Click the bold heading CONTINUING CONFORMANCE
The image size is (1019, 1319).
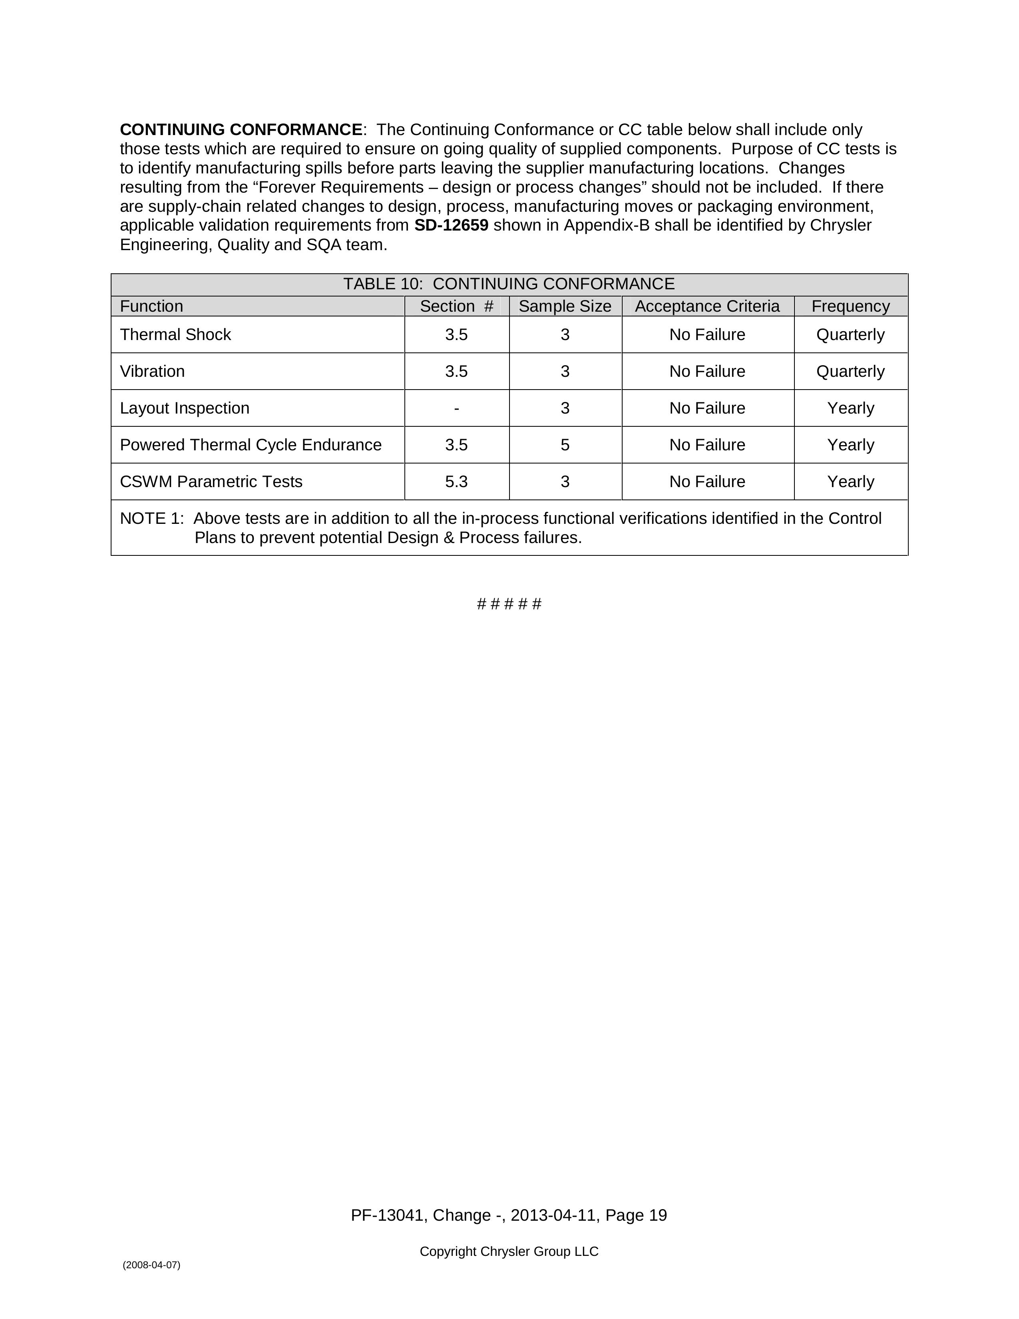(241, 130)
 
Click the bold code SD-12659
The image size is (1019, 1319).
(451, 225)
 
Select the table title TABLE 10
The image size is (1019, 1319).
(509, 284)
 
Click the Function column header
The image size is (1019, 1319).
(151, 306)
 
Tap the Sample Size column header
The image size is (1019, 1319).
(565, 306)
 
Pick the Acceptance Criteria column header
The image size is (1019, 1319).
(707, 306)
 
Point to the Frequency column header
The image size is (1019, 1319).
(850, 306)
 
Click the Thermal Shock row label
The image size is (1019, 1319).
(175, 334)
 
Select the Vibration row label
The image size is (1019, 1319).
(152, 372)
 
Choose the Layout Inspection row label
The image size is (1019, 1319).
(184, 408)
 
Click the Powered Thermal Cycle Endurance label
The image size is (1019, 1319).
(251, 445)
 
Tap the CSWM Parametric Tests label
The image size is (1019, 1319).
(211, 482)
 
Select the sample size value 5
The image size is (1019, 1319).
(565, 445)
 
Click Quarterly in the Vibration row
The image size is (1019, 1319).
(850, 372)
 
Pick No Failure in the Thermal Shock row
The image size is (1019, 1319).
(707, 334)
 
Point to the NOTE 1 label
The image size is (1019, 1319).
(151, 519)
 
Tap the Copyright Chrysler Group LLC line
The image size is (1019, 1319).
(509, 1251)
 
